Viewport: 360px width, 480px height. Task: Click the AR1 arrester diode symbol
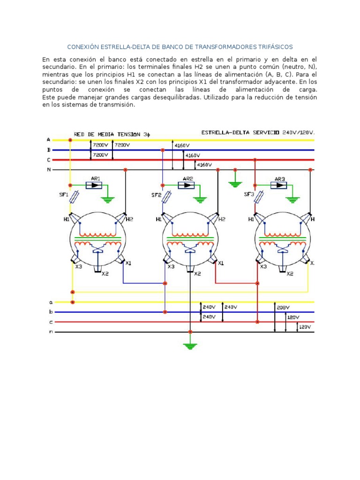(94, 185)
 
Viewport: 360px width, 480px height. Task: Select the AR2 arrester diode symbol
(186, 185)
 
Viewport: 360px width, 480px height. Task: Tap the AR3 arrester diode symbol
(278, 185)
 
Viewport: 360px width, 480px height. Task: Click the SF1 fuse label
(63, 195)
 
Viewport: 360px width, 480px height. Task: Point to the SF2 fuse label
(156, 195)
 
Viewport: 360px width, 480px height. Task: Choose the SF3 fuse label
(249, 195)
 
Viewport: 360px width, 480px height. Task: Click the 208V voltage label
(283, 307)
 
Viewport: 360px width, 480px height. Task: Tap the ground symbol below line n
(190, 346)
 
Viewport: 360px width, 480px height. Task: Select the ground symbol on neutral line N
(235, 184)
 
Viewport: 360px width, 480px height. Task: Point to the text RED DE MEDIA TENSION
(107, 135)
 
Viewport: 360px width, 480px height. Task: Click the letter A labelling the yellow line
(48, 140)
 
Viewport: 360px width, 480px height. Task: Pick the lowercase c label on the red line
(51, 322)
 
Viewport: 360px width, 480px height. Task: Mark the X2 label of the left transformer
(105, 274)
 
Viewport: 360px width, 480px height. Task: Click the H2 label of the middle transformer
(222, 219)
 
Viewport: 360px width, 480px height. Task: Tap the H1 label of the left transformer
(67, 219)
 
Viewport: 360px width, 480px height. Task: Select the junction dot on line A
(70, 140)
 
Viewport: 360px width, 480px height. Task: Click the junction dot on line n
(190, 332)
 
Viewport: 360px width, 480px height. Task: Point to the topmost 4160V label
(182, 145)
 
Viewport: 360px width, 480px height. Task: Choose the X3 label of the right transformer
(263, 267)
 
